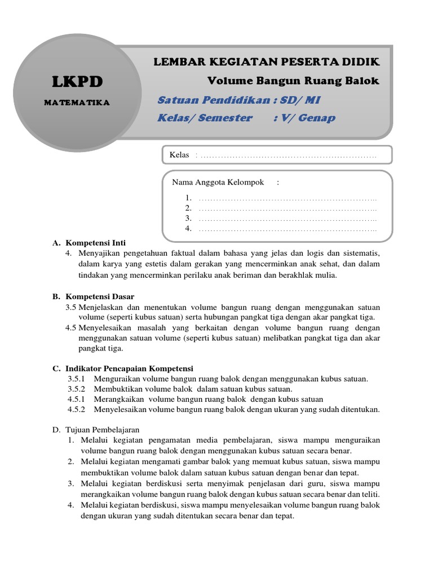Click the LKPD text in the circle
(x=78, y=82)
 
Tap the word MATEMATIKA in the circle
(x=78, y=103)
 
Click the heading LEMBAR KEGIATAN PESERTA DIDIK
(x=267, y=62)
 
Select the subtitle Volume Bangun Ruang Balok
(x=293, y=81)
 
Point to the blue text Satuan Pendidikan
(x=208, y=100)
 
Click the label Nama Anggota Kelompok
(x=218, y=182)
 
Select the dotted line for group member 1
(x=288, y=198)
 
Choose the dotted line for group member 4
(x=288, y=229)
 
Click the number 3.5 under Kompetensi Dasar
(x=70, y=307)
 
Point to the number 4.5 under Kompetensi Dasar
(x=70, y=327)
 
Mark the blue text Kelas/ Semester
(x=205, y=118)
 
